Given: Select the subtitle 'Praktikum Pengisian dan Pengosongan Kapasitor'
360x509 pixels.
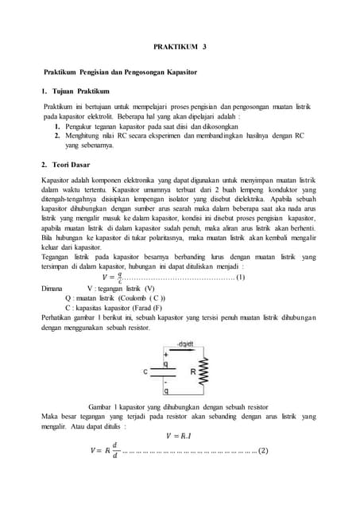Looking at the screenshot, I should (120, 72).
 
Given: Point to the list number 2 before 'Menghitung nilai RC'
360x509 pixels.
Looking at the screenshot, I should (58, 135).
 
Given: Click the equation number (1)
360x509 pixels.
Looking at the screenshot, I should (241, 278).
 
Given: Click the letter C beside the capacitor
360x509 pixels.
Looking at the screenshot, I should (145, 371).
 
